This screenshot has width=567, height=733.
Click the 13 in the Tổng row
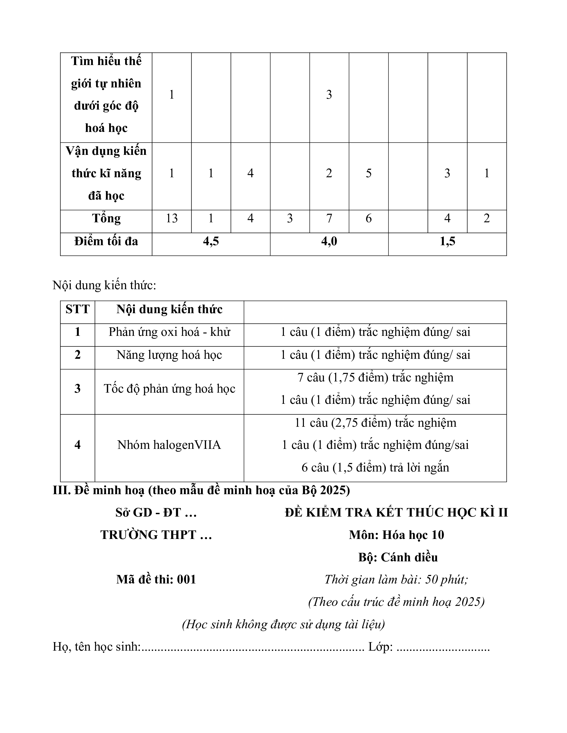pos(172,219)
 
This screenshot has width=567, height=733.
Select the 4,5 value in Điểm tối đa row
pos(211,241)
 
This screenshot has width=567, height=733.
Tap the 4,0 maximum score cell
pos(329,241)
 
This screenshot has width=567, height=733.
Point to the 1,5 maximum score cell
pos(447,241)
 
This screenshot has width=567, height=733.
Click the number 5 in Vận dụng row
pos(368,173)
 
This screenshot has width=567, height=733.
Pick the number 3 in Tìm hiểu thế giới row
pos(329,95)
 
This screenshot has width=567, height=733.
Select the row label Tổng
pos(106,219)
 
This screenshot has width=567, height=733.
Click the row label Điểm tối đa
pos(106,241)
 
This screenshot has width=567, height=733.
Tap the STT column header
pos(78,309)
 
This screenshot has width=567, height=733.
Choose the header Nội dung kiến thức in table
pos(169,309)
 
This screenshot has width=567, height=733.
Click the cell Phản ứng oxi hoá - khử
pos(169,332)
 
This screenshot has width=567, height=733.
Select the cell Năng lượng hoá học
pos(169,355)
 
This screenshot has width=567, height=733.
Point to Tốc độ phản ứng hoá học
pos(169,389)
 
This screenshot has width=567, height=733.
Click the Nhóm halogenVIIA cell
pos(169,445)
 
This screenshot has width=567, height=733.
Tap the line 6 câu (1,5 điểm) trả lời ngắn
pos(375,468)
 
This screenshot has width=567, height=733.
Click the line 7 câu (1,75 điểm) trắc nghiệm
pos(375,378)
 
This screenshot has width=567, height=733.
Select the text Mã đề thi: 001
pos(156,580)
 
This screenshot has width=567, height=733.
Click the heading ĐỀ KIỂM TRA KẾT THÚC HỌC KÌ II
pos(396,513)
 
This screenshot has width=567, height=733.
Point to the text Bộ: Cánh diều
pos(398,557)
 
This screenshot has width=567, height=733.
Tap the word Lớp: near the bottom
pos(380,647)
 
